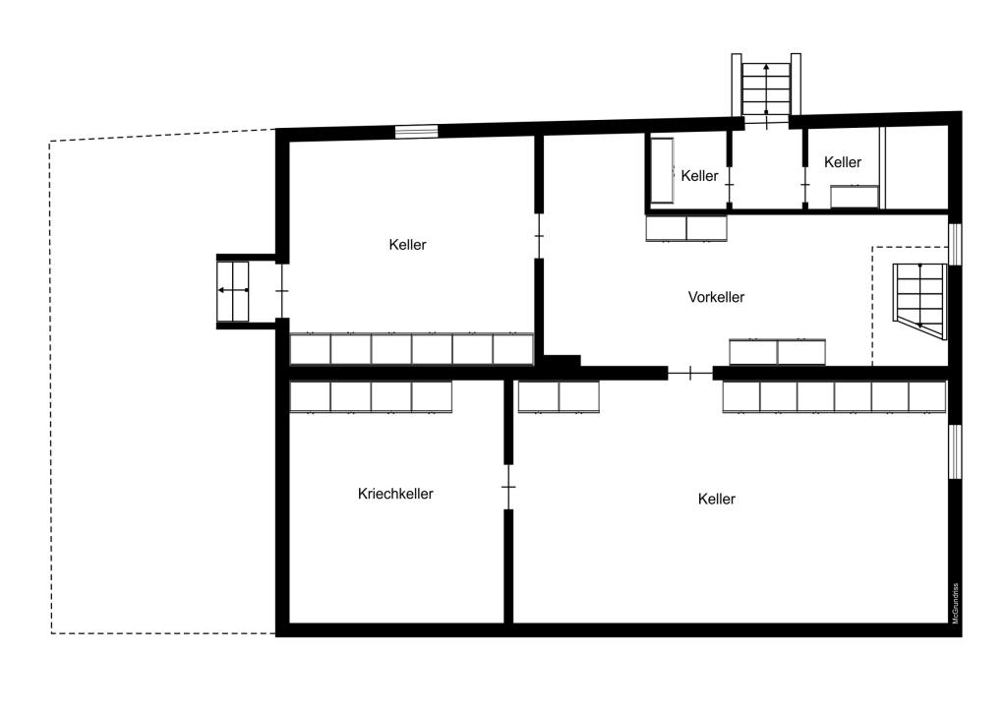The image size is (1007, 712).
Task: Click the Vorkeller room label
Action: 716,297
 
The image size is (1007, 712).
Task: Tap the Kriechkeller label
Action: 395,494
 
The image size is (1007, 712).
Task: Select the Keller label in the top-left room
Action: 408,245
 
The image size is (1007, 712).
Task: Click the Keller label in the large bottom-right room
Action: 717,499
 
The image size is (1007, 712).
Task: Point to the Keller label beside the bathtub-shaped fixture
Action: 699,176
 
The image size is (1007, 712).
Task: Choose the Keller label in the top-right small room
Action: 843,162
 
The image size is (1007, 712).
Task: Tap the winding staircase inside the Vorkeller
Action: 919,301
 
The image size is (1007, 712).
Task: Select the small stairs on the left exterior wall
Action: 232,291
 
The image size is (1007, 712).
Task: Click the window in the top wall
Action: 416,132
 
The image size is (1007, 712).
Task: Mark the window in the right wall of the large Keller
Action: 955,451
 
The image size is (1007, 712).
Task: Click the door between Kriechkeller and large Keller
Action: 508,488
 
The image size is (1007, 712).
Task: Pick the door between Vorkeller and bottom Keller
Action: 690,373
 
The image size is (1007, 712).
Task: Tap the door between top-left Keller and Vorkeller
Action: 540,236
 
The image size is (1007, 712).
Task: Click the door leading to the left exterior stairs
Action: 282,291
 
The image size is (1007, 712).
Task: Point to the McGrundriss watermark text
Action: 956,603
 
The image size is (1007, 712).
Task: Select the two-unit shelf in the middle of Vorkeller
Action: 777,352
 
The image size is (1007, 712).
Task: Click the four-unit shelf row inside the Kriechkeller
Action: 371,397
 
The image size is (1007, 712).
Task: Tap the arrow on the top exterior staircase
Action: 766,88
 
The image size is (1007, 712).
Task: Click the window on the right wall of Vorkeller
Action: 955,244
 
